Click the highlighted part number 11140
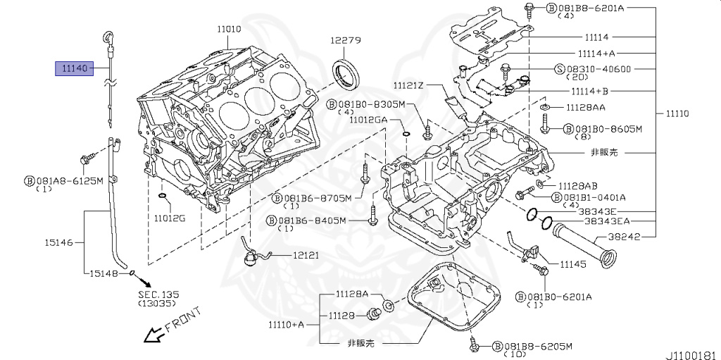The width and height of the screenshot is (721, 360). click(x=74, y=68)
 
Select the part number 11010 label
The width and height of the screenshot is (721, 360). click(x=229, y=29)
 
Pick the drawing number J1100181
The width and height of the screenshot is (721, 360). click(x=691, y=350)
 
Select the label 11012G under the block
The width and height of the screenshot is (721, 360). click(x=170, y=218)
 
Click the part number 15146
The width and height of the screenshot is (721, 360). click(x=60, y=243)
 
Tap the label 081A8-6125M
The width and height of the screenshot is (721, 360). click(x=69, y=180)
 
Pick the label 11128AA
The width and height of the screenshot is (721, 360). click(x=586, y=107)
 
